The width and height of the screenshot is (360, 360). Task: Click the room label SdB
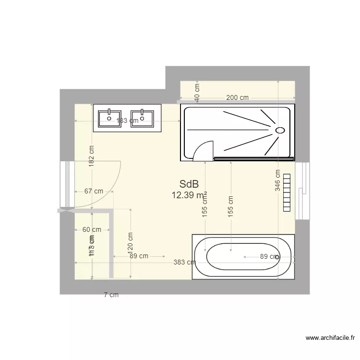click(x=189, y=184)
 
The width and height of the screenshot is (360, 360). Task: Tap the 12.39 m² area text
click(x=189, y=195)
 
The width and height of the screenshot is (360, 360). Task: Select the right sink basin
click(x=142, y=117)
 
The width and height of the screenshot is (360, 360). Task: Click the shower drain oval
click(x=280, y=130)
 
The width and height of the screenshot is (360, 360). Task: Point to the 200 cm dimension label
click(x=237, y=98)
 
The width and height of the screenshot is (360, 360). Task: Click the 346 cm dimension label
click(x=278, y=180)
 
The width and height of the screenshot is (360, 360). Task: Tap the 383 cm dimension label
click(x=185, y=262)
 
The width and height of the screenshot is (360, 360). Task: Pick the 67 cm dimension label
click(x=94, y=191)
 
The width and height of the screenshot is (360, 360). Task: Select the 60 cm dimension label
click(x=92, y=229)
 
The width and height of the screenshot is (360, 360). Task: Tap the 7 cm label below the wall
click(x=111, y=295)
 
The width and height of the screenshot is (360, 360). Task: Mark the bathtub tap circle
click(x=277, y=257)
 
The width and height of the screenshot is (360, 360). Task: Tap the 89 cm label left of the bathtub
click(x=139, y=256)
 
